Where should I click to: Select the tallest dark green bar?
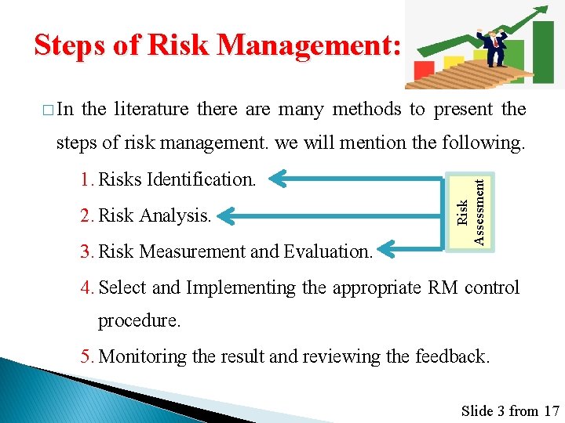tap(543, 51)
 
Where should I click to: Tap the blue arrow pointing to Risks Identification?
tap(353, 178)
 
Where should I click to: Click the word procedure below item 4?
tap(138, 321)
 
